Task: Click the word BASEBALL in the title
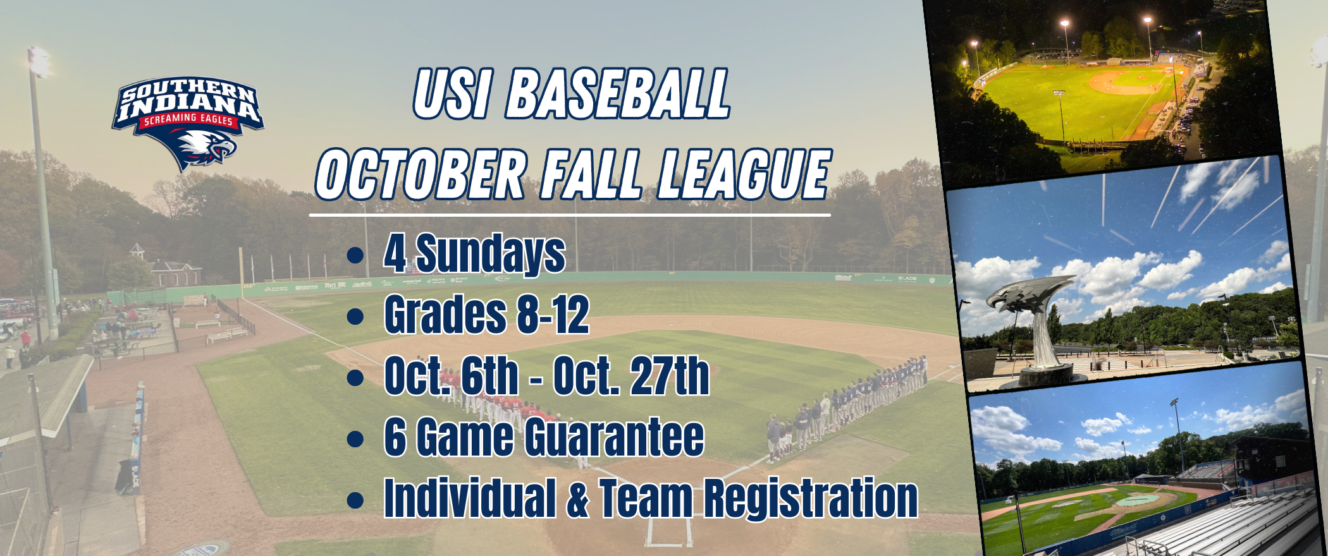point(618,95)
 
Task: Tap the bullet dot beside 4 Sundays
point(355,255)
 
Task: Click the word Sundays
point(490,254)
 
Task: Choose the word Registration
point(811,499)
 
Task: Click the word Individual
point(470,499)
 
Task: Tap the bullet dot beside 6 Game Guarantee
point(355,438)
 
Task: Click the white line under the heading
point(569,215)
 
